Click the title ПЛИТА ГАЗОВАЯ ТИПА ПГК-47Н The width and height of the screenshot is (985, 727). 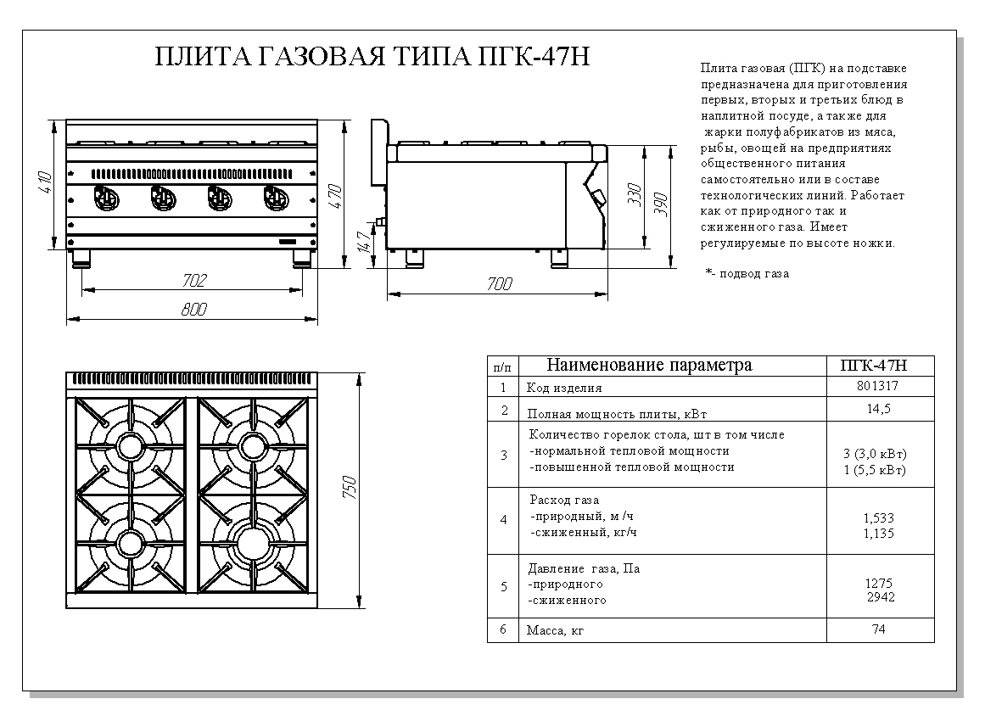[x=372, y=57]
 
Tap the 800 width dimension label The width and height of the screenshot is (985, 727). [x=194, y=310]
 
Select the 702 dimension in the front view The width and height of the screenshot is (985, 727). [x=194, y=280]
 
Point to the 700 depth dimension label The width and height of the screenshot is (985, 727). [x=499, y=284]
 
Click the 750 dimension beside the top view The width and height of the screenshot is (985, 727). [x=350, y=489]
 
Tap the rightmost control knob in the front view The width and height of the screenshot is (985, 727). [x=275, y=199]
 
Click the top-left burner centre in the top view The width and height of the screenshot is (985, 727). [x=132, y=445]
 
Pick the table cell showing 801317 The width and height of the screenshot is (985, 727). [x=878, y=386]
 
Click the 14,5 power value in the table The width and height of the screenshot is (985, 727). [x=878, y=409]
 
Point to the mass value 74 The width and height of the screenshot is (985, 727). [x=878, y=630]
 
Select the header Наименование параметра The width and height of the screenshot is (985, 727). [x=649, y=366]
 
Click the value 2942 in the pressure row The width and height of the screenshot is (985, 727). [x=880, y=597]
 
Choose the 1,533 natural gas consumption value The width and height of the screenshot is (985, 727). [x=878, y=517]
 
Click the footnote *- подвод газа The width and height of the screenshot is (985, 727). [x=747, y=274]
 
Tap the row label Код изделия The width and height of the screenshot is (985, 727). [x=564, y=388]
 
